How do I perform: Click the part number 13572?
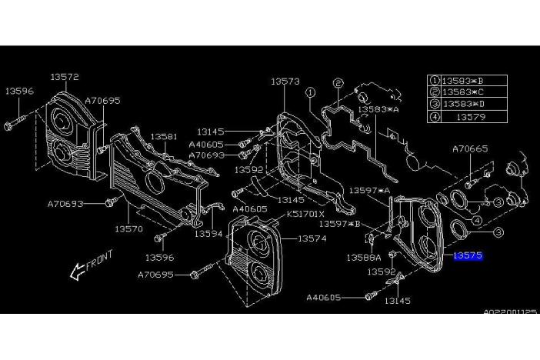pos(65,77)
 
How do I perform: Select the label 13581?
pos(163,136)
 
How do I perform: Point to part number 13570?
pos(128,228)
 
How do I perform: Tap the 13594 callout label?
pos(208,233)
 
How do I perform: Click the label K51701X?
pos(305,214)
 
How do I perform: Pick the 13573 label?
pos(284,80)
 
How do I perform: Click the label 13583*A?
pos(378,110)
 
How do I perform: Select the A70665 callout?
pos(470,148)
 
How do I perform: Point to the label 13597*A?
pos(370,189)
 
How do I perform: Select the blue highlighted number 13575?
pos(468,255)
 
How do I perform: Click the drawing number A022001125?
pos(510,312)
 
